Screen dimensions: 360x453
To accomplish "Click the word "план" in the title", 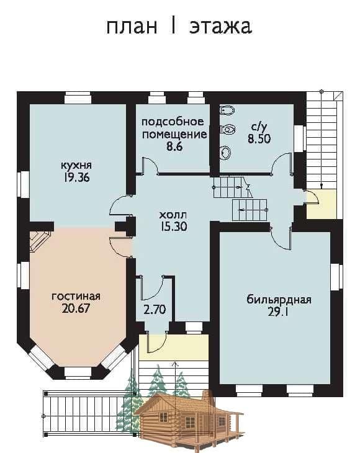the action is point(132,27).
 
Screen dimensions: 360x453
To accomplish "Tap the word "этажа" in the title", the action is point(221,27).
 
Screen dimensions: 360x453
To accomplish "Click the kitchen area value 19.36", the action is point(76,177).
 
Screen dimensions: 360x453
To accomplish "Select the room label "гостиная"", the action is point(76,297).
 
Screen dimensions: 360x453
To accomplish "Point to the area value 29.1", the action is point(279,312).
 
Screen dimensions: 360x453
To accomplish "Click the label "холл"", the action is point(173,215).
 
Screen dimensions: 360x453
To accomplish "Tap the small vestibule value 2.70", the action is point(155,310).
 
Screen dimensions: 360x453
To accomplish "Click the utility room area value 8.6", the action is point(174,146).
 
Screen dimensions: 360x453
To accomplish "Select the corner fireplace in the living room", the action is point(40,240).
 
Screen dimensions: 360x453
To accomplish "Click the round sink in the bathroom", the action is point(225,153).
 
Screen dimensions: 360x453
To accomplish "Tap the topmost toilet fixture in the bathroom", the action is point(227,110).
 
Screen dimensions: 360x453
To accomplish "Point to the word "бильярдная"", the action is point(279,300).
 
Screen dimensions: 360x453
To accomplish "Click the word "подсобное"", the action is point(173,122).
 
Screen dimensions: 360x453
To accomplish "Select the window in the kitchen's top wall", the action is point(78,98).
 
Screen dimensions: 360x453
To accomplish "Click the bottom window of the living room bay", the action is point(78,373).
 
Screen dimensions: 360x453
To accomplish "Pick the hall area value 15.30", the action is point(174,226).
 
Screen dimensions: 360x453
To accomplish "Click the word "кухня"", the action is point(76,166).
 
